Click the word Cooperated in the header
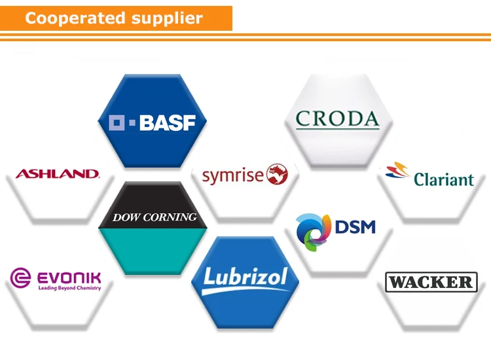(x=71, y=18)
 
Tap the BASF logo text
(x=168, y=122)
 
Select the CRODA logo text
(x=337, y=118)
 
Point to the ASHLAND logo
(x=57, y=174)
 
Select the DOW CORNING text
(x=154, y=217)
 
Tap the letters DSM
(x=355, y=226)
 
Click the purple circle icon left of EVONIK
(x=20, y=278)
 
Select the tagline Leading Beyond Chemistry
(x=69, y=288)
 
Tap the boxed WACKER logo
(x=431, y=282)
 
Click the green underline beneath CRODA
(x=337, y=128)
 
